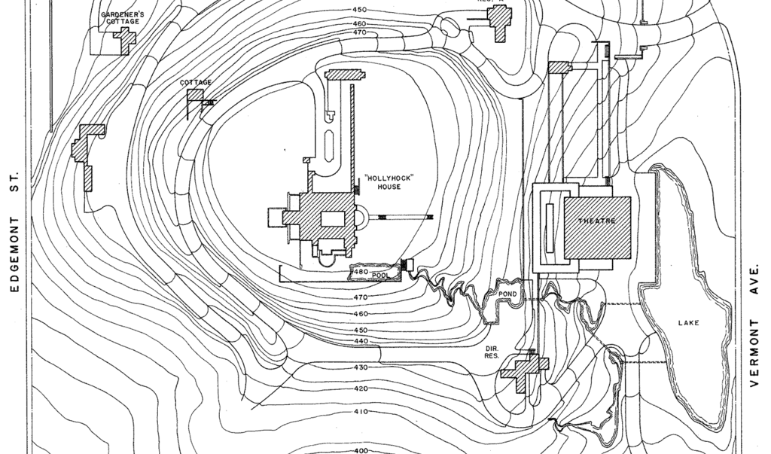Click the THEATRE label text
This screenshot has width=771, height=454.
pos(596,221)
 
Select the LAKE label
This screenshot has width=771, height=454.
pos(688,323)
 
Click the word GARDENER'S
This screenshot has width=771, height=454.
pos(122,14)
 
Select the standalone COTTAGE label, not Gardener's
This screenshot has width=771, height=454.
pos(195,82)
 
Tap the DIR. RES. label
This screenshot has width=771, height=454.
pos(491,352)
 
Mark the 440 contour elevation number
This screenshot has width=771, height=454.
pos(361,341)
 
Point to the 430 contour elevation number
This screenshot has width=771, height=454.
pos(361,367)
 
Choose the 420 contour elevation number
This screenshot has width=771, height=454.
pos(361,389)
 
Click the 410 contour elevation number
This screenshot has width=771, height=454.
pos(361,412)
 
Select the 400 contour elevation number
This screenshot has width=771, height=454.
pos(361,450)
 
